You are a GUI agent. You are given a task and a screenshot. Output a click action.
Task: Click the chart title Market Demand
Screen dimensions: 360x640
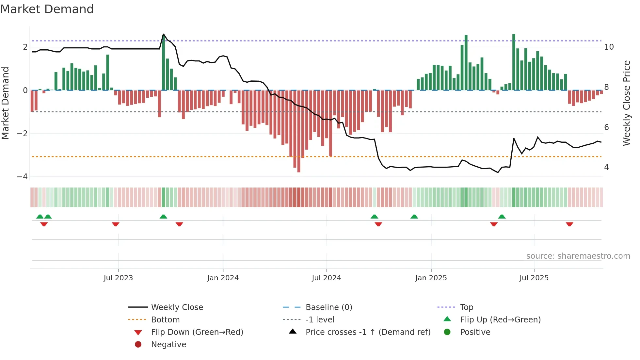click(47, 9)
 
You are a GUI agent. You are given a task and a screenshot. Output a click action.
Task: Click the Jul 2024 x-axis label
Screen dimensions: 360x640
click(326, 278)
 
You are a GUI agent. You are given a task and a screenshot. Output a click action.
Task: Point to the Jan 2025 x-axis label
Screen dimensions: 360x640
click(431, 278)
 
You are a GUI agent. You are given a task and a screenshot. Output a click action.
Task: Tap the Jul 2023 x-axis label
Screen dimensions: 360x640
click(118, 278)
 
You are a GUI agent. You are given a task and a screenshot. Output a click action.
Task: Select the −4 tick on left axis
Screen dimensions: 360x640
click(22, 177)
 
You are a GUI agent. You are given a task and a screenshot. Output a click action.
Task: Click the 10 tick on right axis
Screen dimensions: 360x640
click(609, 47)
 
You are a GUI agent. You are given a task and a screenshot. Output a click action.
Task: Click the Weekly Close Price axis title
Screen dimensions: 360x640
click(626, 103)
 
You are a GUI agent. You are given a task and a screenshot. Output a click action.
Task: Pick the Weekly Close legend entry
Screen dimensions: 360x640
click(177, 307)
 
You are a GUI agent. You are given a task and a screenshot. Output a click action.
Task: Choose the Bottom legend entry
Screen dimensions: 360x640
click(165, 320)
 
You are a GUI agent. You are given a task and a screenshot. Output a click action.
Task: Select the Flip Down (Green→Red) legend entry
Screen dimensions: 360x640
click(197, 332)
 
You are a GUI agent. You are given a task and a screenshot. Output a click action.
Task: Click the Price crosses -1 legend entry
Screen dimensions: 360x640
click(368, 332)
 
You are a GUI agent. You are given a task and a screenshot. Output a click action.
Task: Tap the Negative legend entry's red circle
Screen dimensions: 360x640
click(138, 345)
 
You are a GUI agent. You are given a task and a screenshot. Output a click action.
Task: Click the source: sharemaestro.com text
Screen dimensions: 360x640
click(578, 256)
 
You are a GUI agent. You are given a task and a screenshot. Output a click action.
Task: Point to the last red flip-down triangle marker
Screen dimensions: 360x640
click(569, 224)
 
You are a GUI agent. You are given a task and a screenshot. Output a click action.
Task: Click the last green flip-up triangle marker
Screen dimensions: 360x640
click(502, 217)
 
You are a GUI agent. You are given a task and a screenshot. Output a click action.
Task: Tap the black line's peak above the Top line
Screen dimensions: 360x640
click(164, 34)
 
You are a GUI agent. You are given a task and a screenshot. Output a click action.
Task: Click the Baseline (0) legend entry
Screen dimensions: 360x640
click(328, 307)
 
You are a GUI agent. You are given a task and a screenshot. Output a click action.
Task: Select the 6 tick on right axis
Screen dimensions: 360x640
click(606, 127)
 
